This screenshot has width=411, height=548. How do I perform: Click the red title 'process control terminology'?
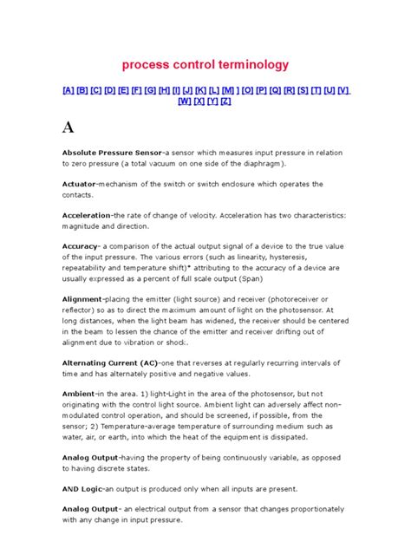point(205,65)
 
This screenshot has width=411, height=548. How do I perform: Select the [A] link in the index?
point(68,90)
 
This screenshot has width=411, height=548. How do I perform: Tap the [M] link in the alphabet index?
point(231,90)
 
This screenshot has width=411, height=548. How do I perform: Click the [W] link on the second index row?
point(185,101)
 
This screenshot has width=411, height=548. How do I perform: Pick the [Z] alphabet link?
point(225,101)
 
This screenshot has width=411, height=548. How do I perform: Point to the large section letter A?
point(68,127)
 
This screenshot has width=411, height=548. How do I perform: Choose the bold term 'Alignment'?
point(83,298)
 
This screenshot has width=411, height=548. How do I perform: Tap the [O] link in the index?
point(251,90)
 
